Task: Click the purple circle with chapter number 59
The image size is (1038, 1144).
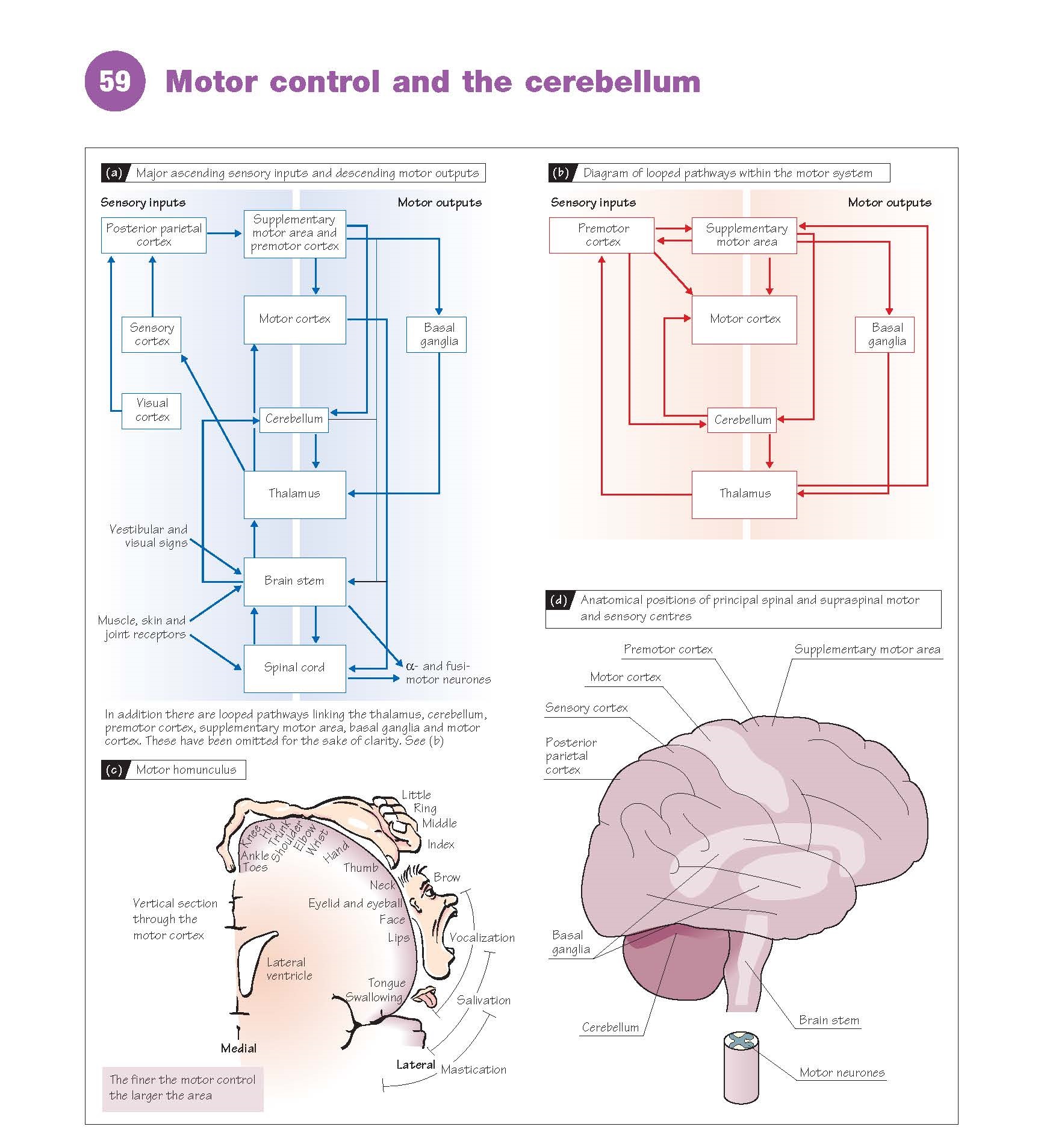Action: pos(114,81)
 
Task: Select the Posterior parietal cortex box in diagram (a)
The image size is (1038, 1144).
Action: pos(154,235)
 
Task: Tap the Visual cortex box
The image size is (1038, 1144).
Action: pos(151,411)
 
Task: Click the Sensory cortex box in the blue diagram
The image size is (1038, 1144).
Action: pos(151,334)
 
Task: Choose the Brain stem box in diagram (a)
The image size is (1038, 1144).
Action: pos(294,581)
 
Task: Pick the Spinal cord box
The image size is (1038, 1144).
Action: pos(294,668)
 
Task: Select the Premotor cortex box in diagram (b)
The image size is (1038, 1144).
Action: pos(601,235)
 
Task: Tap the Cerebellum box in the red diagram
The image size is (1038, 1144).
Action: pos(742,420)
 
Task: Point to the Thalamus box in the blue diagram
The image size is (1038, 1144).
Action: pos(294,494)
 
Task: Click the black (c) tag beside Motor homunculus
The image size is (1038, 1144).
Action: pos(114,769)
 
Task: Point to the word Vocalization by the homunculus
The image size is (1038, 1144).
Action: pos(482,937)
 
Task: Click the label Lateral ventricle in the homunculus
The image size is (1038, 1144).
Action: pos(288,969)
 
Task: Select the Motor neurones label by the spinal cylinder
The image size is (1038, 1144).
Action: pos(842,1072)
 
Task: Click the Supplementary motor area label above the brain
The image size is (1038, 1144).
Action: pos(866,649)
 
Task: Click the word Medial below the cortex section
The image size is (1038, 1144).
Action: pos(238,1048)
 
